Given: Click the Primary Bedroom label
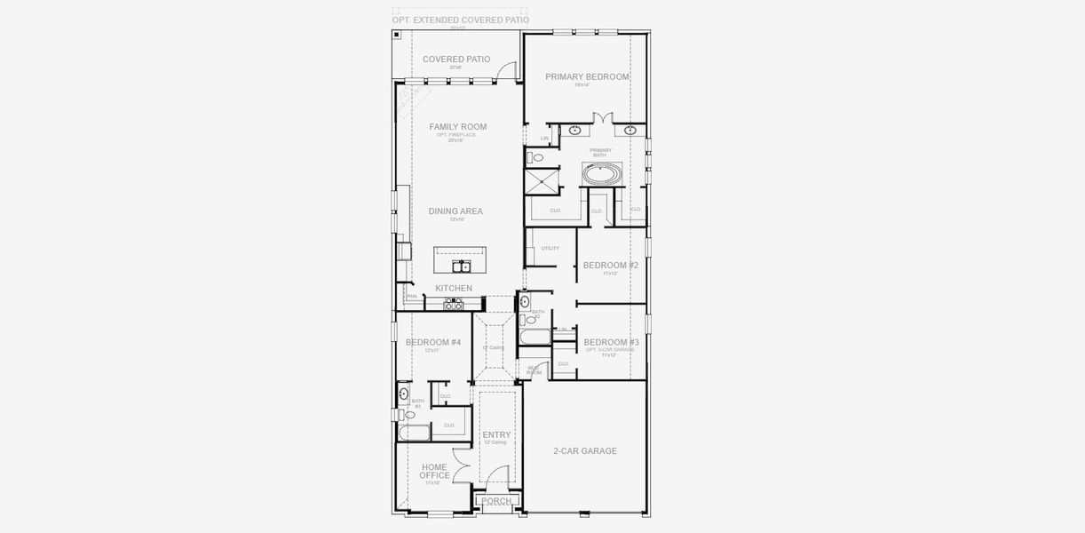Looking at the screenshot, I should [587, 77].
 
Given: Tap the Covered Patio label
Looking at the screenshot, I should [456, 60].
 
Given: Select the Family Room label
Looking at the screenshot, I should [458, 127].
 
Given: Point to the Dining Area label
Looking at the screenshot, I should [455, 211].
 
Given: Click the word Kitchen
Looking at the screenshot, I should [454, 289].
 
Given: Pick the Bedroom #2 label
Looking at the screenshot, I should [610, 266].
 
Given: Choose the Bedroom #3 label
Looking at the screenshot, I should [611, 343].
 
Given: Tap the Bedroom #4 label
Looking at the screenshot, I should [433, 343].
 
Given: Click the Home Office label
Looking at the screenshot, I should [434, 472].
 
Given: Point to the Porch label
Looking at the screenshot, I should [495, 502].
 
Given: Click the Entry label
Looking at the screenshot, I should [496, 435].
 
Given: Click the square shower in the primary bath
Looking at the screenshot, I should [542, 182].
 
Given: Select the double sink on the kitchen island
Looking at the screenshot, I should [462, 266].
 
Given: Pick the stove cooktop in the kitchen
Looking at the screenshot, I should [454, 305].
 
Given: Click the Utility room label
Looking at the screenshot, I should [550, 248].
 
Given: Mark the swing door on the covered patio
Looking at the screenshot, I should [505, 71].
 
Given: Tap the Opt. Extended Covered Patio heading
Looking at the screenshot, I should [461, 20].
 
